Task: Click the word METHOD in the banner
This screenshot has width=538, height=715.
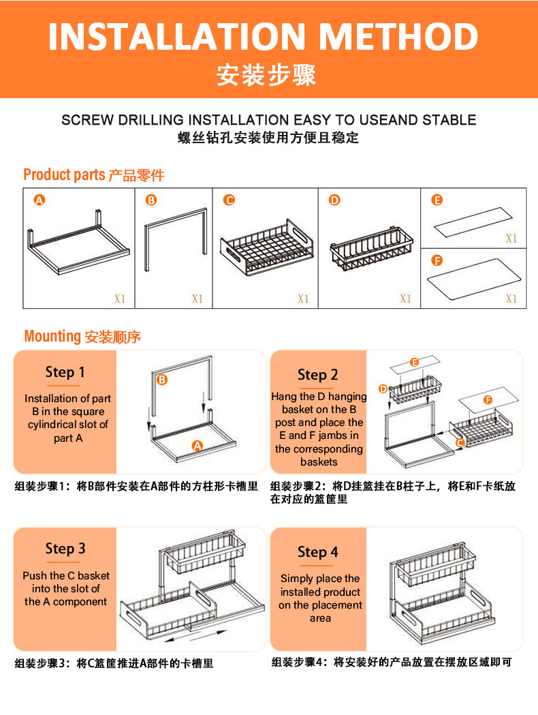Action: click(399, 37)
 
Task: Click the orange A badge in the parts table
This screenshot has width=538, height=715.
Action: click(39, 200)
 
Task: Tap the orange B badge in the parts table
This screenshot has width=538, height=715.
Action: click(151, 200)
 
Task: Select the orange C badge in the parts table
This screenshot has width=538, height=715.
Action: click(229, 200)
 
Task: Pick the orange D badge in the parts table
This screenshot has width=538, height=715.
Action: click(334, 200)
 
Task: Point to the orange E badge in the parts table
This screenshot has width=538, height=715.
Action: click(437, 200)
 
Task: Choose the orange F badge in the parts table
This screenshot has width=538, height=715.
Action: click(437, 260)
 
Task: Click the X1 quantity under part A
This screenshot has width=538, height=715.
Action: click(120, 299)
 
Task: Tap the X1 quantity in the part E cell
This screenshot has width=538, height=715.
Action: click(511, 238)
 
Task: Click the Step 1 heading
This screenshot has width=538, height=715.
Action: click(65, 372)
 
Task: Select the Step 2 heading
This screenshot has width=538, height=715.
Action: click(317, 375)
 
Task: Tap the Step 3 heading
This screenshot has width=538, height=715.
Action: click(65, 549)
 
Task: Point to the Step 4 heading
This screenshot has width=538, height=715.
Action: click(317, 552)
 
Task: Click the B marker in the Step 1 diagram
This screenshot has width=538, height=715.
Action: click(161, 380)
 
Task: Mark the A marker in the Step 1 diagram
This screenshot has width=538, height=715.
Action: click(197, 446)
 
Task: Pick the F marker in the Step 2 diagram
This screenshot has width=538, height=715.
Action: click(488, 400)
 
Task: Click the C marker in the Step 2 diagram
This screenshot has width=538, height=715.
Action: click(460, 442)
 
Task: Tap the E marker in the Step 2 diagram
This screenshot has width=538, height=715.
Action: click(414, 363)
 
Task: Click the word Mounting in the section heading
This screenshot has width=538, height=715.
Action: click(52, 337)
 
